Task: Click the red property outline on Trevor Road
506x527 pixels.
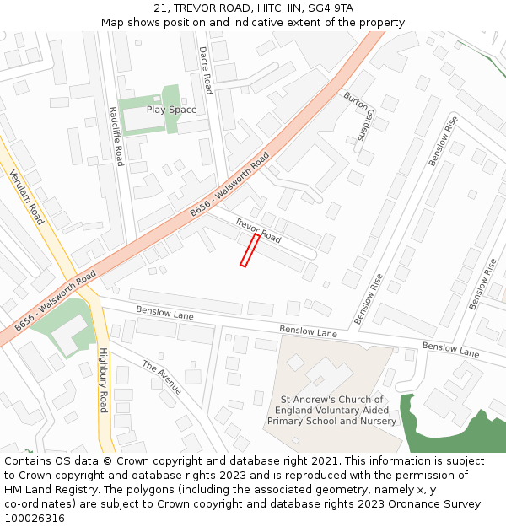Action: (250, 250)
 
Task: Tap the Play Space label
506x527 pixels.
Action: (171, 110)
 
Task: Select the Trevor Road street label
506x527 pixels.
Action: (258, 230)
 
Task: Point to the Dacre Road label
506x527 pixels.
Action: (205, 70)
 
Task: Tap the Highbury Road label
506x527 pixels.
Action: (104, 379)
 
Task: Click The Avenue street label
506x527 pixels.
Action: (162, 378)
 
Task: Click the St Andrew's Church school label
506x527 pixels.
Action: (332, 411)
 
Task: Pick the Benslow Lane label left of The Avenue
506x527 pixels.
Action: (165, 314)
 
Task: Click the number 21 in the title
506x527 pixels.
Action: (161, 8)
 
